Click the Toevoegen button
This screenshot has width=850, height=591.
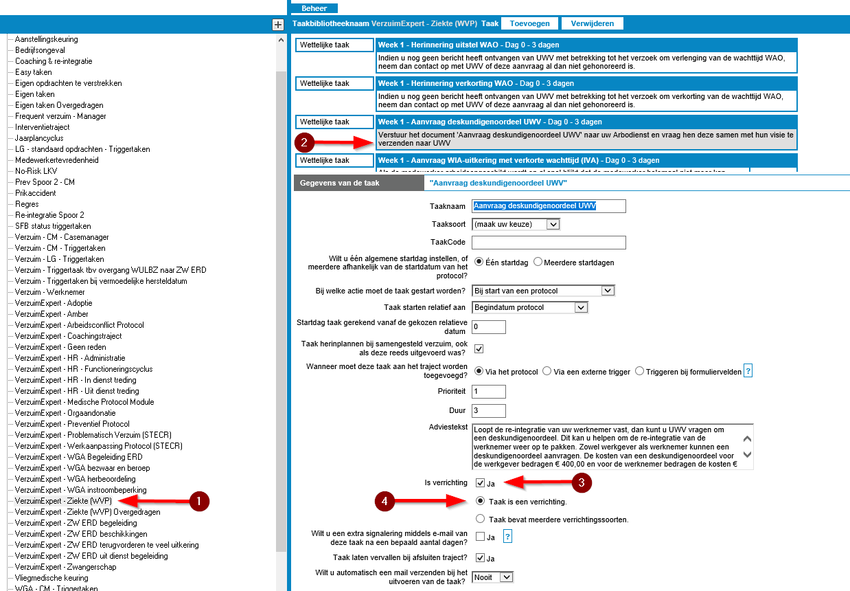coord(529,23)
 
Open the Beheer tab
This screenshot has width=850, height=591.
coord(314,8)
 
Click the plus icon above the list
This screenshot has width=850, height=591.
coord(278,25)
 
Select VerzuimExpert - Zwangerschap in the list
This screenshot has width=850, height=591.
coord(65,567)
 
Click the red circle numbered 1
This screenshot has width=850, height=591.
coord(199,502)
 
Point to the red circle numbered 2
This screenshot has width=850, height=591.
coord(304,143)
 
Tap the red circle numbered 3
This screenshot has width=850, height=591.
coord(582,482)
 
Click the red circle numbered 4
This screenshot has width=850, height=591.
coord(384,502)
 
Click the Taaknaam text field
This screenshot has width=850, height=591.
coord(549,206)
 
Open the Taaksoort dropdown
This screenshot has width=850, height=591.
coord(516,224)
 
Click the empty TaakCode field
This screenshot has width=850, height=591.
coord(549,242)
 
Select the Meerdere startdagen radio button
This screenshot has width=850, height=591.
coord(538,262)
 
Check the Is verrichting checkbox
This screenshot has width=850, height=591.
coord(480,483)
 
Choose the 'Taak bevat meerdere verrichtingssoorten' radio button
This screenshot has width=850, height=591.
coord(480,519)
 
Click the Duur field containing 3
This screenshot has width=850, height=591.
coord(489,411)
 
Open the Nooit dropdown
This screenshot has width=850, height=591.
coord(493,577)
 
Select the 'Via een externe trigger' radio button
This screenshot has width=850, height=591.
coord(547,371)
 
